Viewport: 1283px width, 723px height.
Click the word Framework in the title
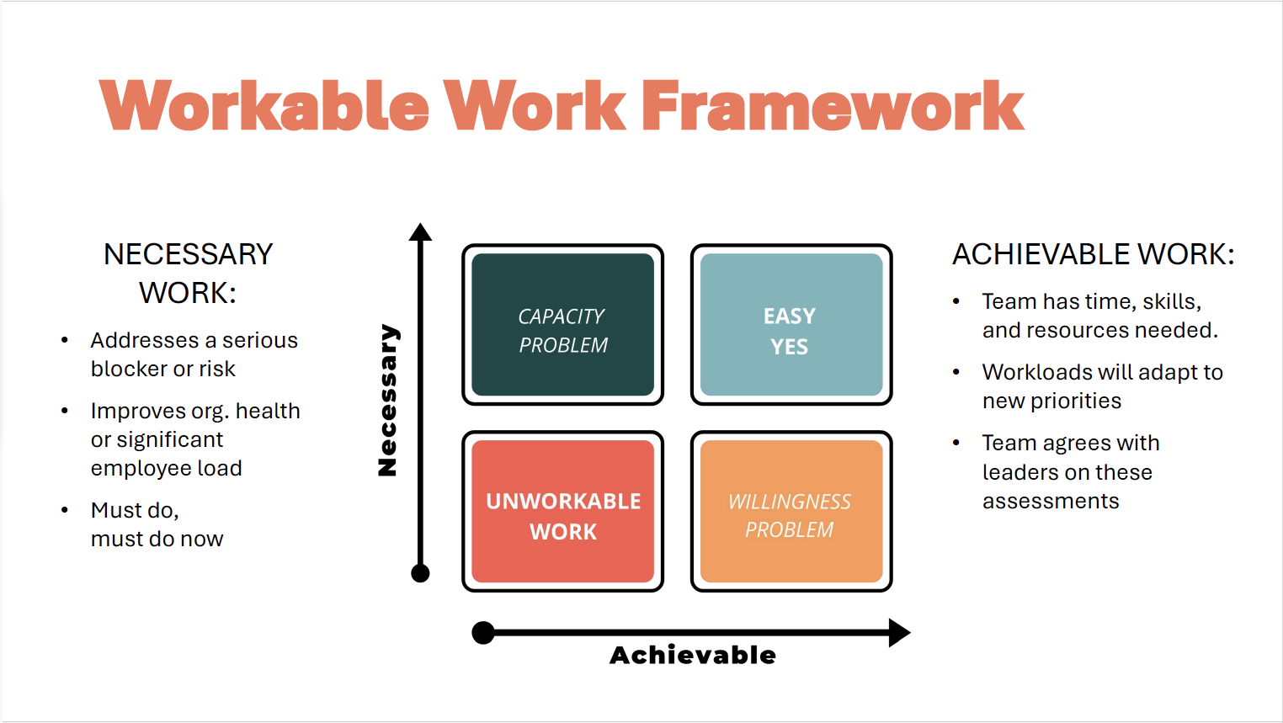click(833, 106)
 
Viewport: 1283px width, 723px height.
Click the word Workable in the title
click(264, 106)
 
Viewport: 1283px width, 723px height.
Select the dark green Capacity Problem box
click(562, 325)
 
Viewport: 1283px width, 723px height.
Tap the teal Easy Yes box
click(791, 325)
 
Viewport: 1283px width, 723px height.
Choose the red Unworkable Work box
click(562, 512)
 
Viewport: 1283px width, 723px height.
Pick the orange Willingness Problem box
click(791, 512)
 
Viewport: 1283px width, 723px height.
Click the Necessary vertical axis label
click(387, 400)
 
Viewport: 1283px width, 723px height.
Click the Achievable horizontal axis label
click(692, 655)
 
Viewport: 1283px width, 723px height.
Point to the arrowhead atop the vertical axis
click(420, 232)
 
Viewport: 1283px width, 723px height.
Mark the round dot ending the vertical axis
click(420, 573)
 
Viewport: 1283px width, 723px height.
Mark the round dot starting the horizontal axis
click(483, 632)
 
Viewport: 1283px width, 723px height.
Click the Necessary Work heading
click(188, 274)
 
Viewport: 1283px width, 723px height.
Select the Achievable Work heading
click(1093, 254)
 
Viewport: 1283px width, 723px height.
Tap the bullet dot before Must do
click(65, 510)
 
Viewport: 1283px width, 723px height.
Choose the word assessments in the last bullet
click(1051, 502)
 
